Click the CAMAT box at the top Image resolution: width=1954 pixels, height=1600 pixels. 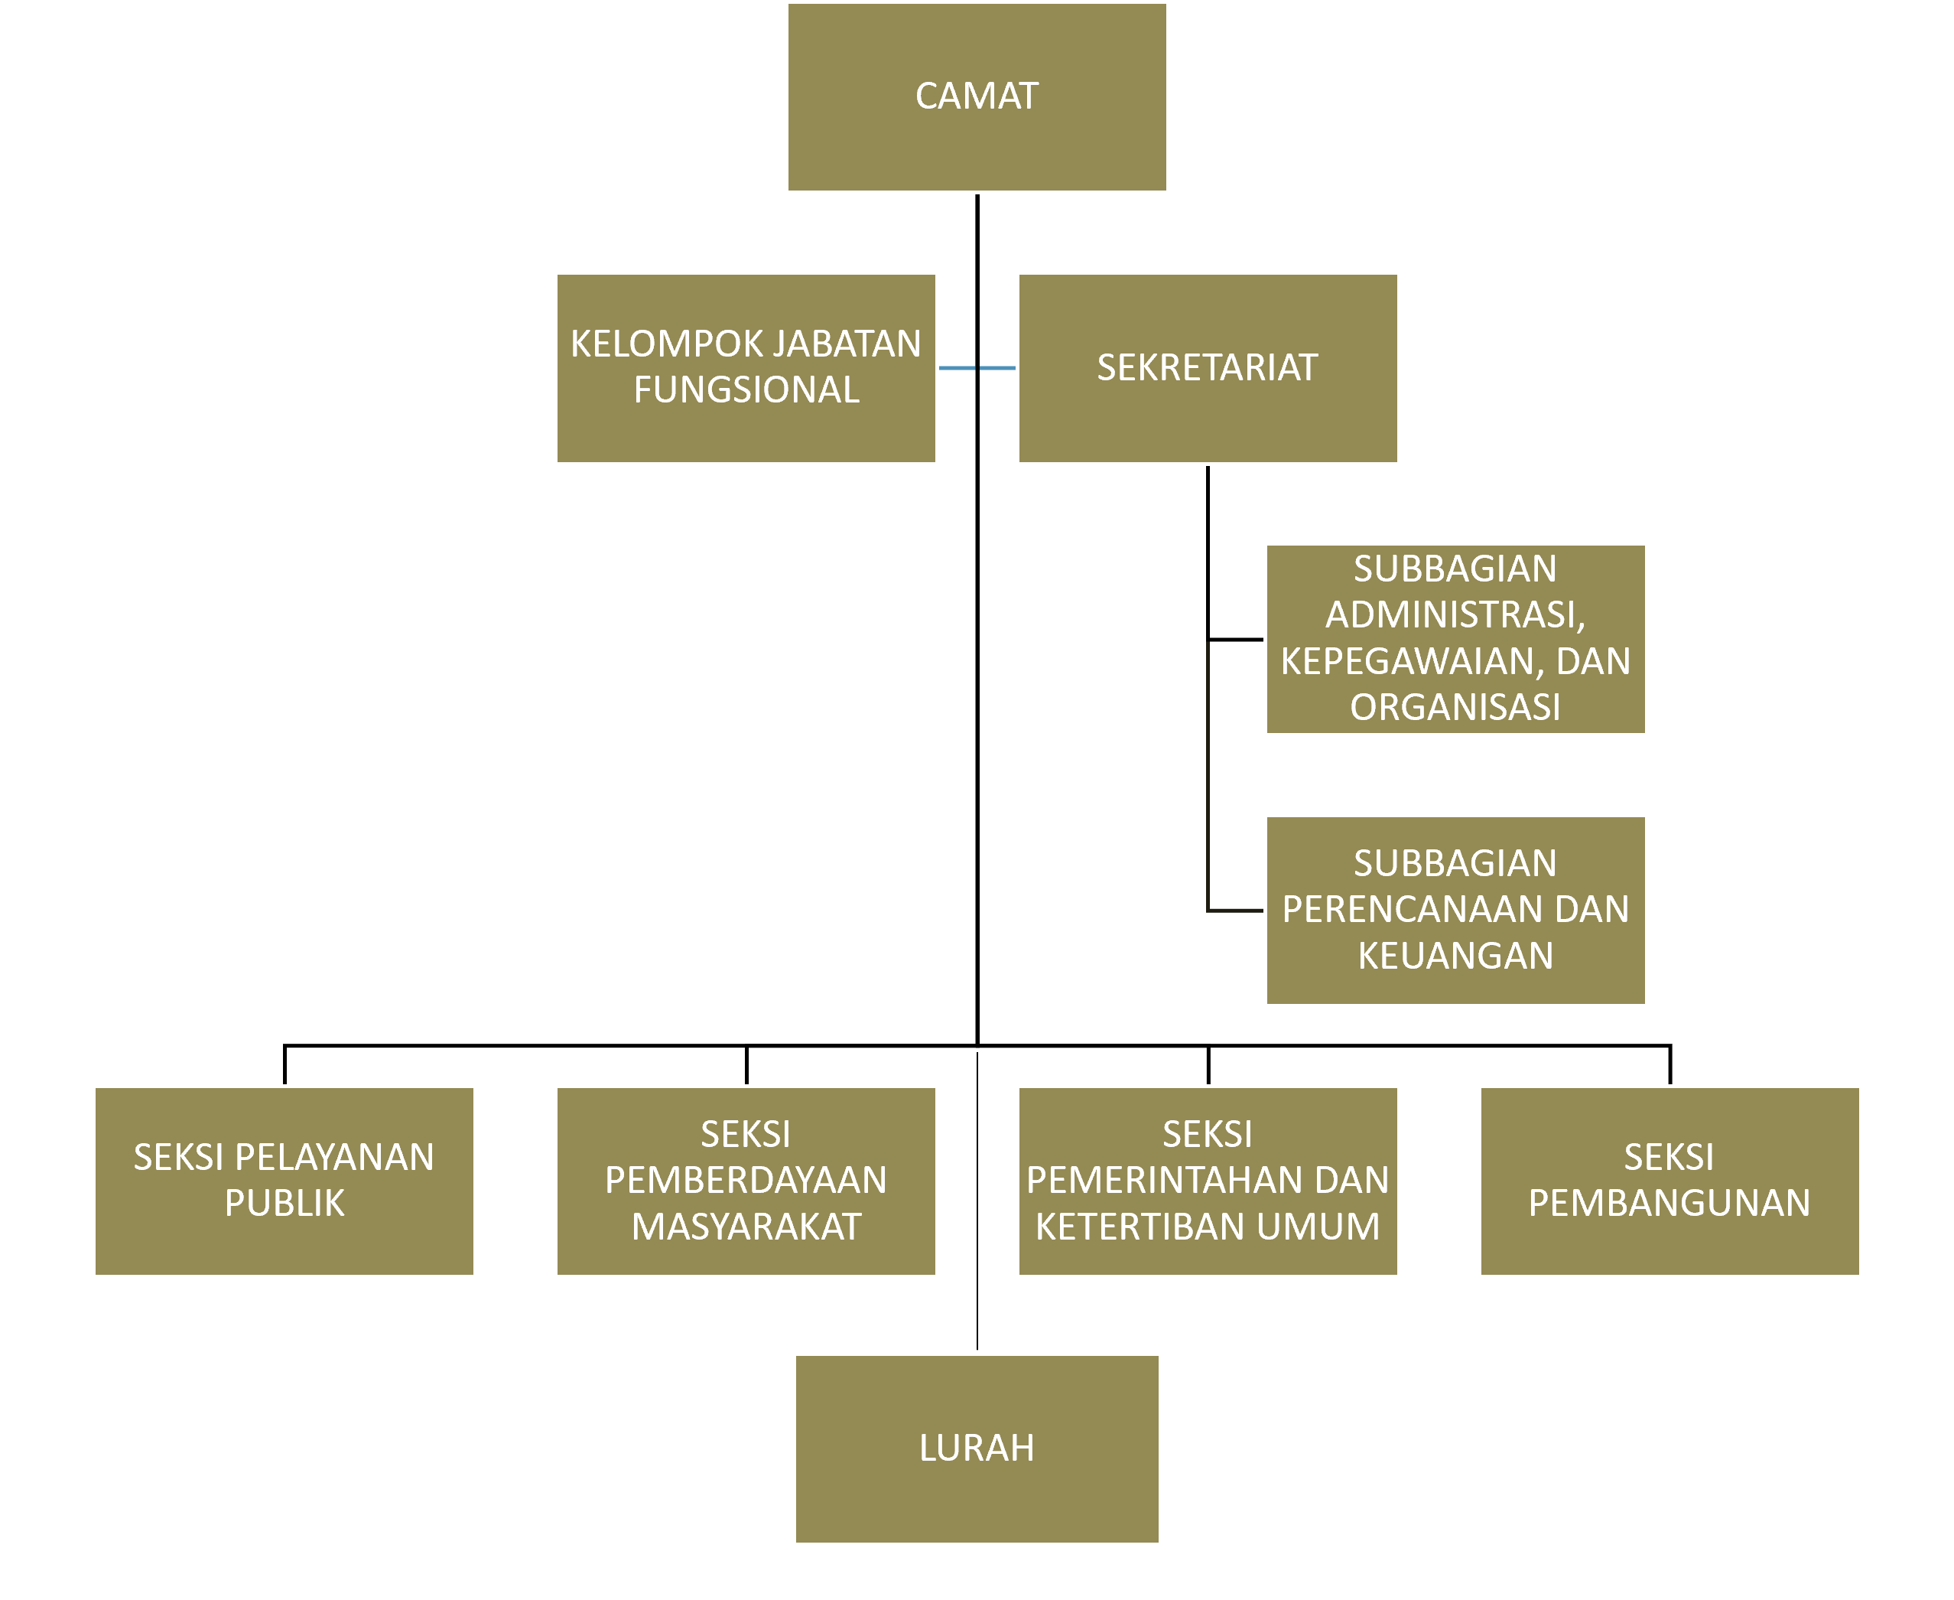(x=977, y=96)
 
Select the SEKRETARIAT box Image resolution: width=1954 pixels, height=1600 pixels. (x=1207, y=368)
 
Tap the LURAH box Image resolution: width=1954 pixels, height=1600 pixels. (x=977, y=1448)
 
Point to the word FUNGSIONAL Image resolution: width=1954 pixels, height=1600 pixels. (x=746, y=390)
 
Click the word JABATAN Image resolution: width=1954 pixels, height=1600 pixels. (x=847, y=344)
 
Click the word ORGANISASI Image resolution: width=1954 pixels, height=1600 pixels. (x=1455, y=707)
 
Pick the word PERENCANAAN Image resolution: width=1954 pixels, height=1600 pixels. (x=1414, y=909)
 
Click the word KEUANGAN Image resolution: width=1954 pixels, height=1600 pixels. (x=1455, y=955)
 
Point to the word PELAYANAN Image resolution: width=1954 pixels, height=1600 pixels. (x=334, y=1157)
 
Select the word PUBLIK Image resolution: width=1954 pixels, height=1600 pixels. (x=284, y=1203)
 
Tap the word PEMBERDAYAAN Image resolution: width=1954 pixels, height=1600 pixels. (x=746, y=1180)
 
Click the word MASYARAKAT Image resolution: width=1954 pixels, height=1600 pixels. (x=746, y=1226)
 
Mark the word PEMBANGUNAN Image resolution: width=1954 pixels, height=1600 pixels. (x=1669, y=1203)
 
